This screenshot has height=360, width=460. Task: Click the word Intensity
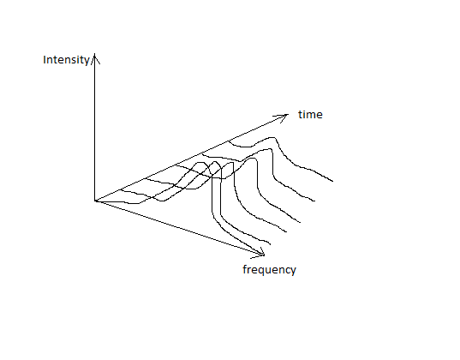66,60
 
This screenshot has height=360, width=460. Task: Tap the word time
310,115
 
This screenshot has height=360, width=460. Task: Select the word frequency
269,269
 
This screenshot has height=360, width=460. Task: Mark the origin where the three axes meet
95,201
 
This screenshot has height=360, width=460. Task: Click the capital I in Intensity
45,60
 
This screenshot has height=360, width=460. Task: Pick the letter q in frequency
260,271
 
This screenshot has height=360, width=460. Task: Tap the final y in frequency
293,272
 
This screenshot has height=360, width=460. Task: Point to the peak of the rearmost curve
274,137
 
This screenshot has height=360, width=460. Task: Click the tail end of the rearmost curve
332,181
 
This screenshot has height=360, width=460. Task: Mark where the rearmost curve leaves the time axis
229,141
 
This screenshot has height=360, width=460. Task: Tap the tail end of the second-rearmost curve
314,201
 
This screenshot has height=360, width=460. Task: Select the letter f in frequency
245,269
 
